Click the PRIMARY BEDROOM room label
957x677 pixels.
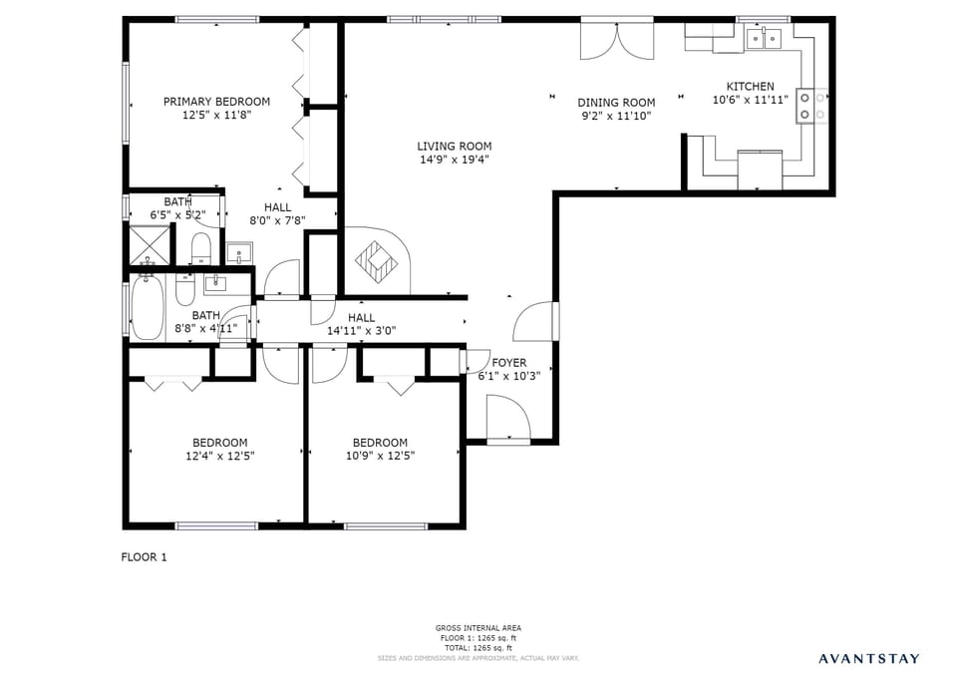pyautogui.click(x=216, y=102)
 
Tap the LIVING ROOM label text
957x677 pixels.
pyautogui.click(x=454, y=147)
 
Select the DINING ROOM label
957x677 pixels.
pyautogui.click(x=616, y=103)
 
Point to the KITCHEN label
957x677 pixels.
pyautogui.click(x=750, y=87)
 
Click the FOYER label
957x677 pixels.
pyautogui.click(x=508, y=363)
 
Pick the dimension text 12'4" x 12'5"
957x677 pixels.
pyautogui.click(x=219, y=456)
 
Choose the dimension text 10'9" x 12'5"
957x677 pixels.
pyautogui.click(x=380, y=456)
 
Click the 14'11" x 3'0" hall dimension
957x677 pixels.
pyautogui.click(x=361, y=331)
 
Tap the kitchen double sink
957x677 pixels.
pyautogui.click(x=763, y=40)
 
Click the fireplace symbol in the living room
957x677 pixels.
pyautogui.click(x=377, y=260)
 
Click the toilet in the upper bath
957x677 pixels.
pyautogui.click(x=199, y=249)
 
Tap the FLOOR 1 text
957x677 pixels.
pyautogui.click(x=144, y=557)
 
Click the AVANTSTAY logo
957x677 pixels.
pyautogui.click(x=869, y=658)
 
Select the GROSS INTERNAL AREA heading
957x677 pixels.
pyautogui.click(x=478, y=628)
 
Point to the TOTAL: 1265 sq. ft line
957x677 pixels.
pyautogui.click(x=478, y=648)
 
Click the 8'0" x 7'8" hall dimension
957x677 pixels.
pyautogui.click(x=277, y=220)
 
